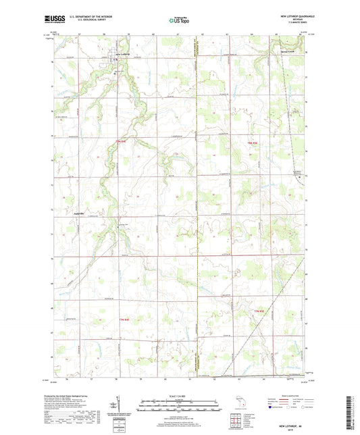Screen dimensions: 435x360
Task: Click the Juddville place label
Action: pos(78,214)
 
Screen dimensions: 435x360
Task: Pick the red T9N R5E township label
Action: pos(253,143)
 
